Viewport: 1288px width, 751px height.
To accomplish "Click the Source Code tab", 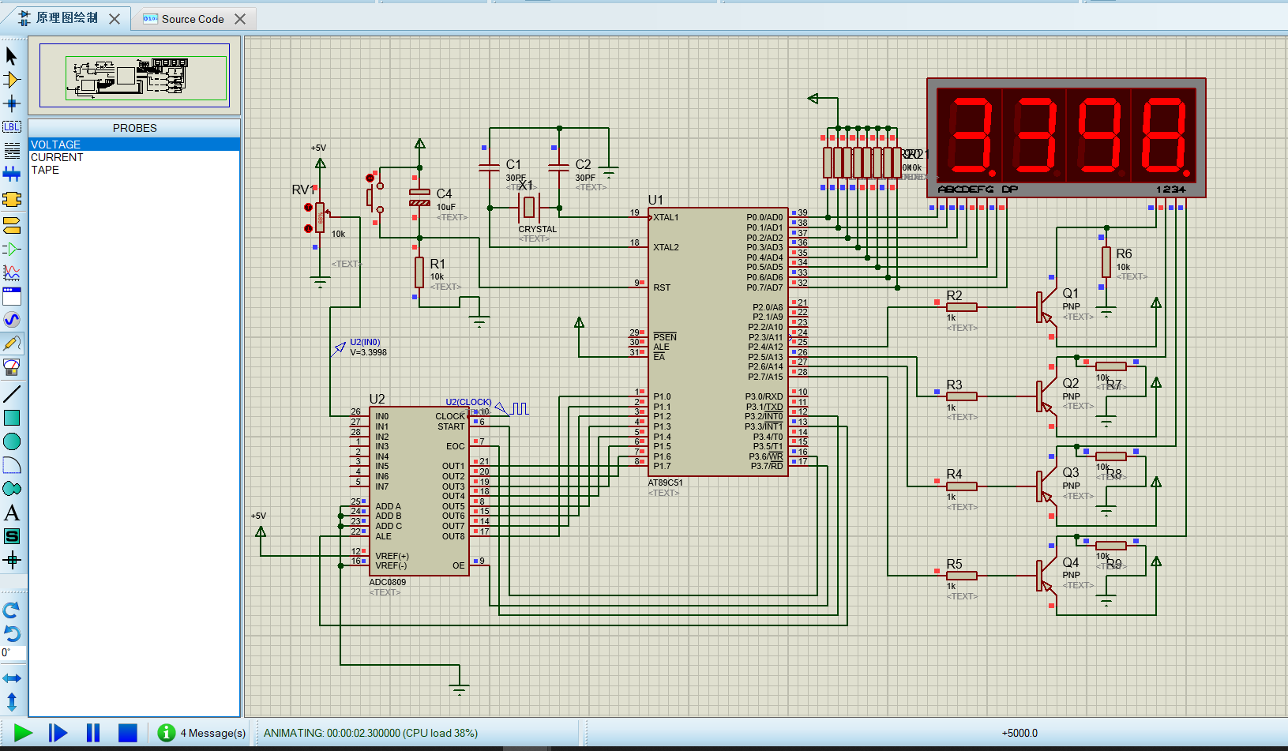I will tap(192, 19).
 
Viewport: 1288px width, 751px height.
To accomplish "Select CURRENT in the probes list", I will tap(57, 157).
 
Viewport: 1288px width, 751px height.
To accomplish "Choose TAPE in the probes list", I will tap(45, 170).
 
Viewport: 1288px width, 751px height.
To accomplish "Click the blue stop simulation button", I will tap(127, 733).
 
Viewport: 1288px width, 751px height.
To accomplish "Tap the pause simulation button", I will tap(93, 733).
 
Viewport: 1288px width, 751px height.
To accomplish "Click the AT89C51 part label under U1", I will tap(665, 483).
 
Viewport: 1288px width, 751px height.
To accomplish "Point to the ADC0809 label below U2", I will tap(387, 582).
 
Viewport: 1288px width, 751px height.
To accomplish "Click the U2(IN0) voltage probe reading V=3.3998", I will tap(368, 352).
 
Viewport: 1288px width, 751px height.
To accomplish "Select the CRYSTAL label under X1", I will tap(537, 229).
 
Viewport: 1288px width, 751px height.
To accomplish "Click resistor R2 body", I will tap(961, 307).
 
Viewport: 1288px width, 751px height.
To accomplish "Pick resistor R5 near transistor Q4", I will tap(961, 576).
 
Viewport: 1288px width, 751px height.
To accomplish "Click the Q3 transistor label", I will tap(1070, 472).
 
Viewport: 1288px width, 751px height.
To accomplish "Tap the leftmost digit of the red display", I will tap(970, 136).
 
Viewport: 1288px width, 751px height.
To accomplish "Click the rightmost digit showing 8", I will tap(1163, 136).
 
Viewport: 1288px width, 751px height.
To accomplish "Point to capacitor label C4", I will tap(444, 193).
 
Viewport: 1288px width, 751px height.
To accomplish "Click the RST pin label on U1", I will tap(662, 287).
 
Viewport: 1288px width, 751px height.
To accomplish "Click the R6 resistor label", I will tap(1124, 253).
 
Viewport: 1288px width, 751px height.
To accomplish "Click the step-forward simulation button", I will tap(58, 733).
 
